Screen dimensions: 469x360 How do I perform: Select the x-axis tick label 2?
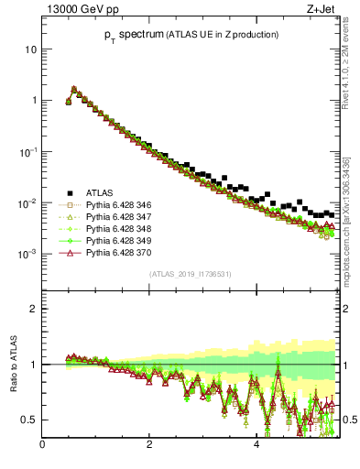pyautogui.click(x=149, y=445)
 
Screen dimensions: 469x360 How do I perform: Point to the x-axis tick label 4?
pyautogui.click(x=256, y=445)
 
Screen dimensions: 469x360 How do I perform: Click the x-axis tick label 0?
pyautogui.click(x=42, y=445)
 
